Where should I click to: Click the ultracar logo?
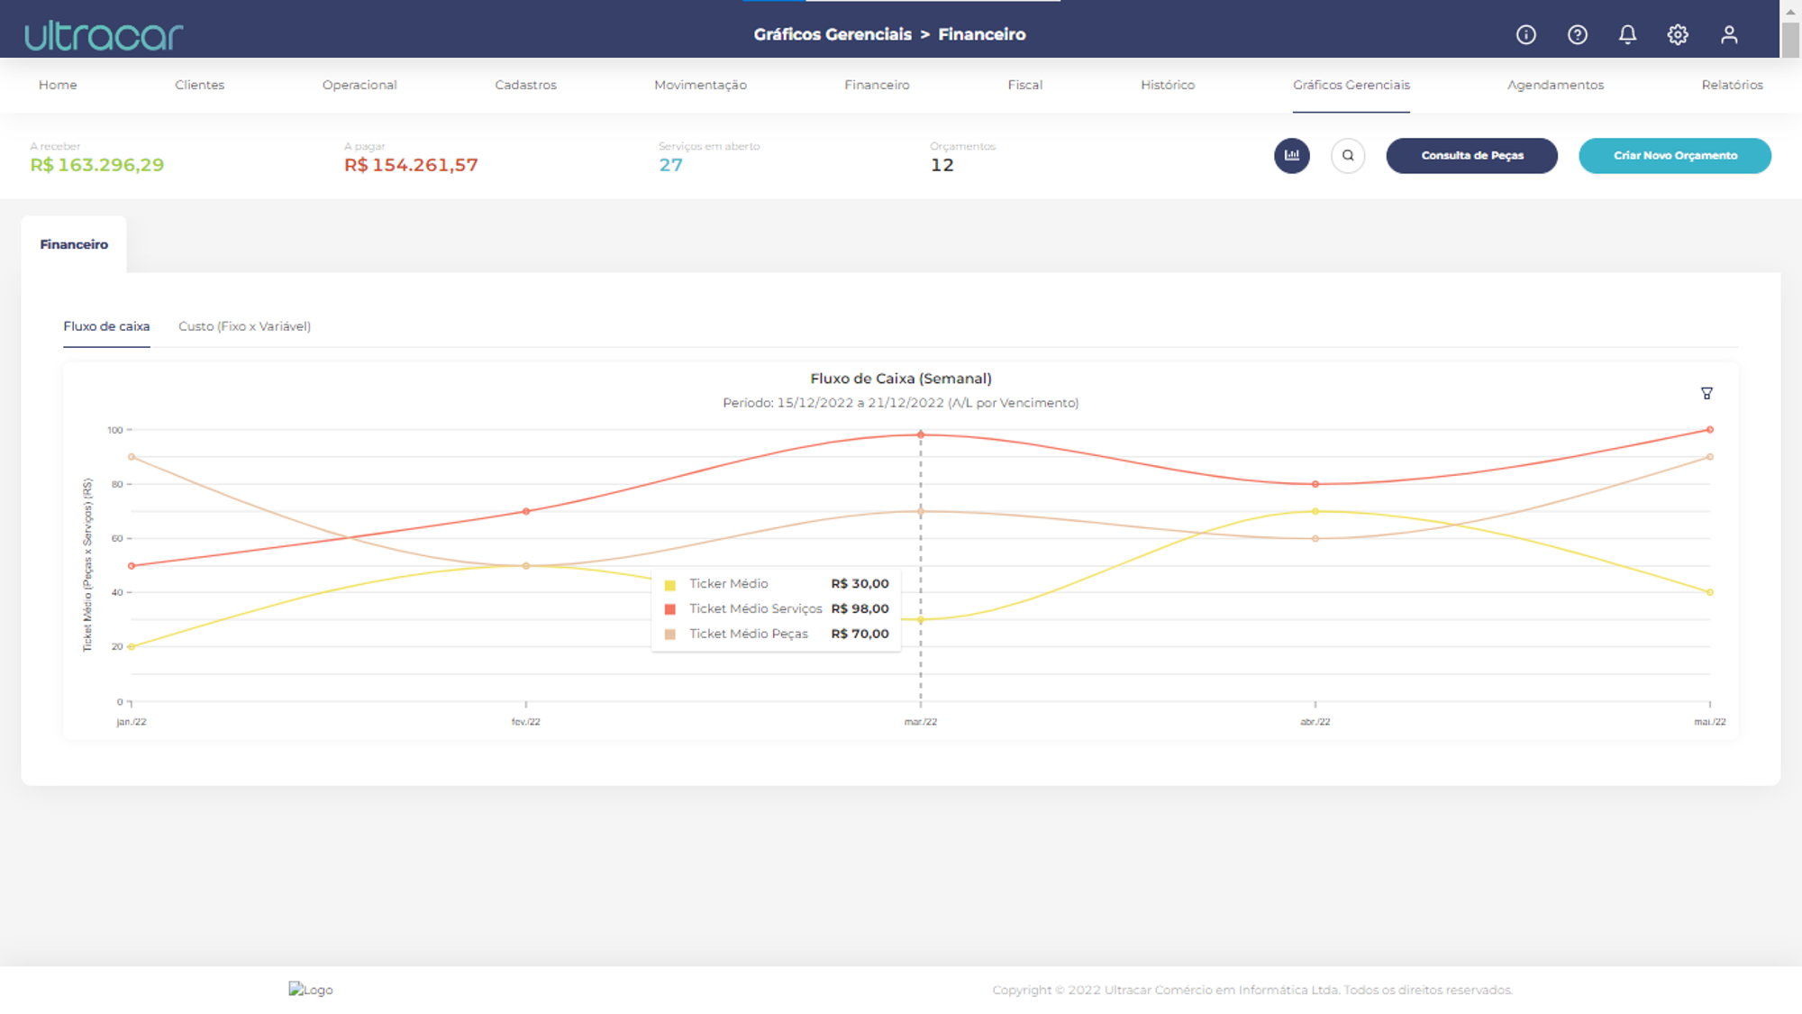(x=104, y=35)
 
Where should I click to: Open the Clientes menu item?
(x=199, y=85)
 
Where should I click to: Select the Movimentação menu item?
(x=700, y=85)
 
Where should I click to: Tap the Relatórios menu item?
(x=1732, y=85)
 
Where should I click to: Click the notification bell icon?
(x=1627, y=34)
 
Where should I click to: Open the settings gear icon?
(x=1678, y=34)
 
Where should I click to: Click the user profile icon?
(x=1729, y=34)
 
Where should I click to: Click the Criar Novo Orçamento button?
(x=1675, y=155)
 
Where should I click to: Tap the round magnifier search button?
(x=1348, y=155)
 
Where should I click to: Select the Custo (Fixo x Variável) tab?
(x=244, y=326)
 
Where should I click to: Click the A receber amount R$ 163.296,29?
(x=97, y=165)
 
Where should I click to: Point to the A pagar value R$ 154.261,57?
(x=411, y=165)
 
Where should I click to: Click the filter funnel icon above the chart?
(x=1706, y=393)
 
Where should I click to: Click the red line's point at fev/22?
(x=526, y=511)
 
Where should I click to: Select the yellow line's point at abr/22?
(x=1315, y=511)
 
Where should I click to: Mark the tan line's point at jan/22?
(x=132, y=457)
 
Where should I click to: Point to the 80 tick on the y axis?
(x=117, y=484)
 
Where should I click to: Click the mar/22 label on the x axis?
(x=921, y=722)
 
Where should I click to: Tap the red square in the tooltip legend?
(x=669, y=609)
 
